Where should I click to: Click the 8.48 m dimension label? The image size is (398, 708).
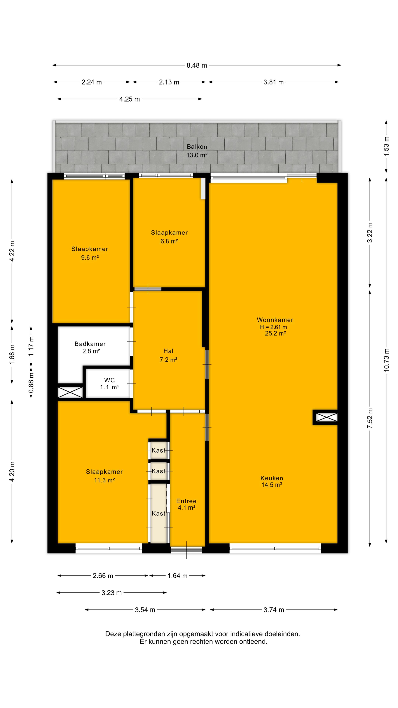click(197, 65)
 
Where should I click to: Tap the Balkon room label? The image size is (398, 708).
click(197, 147)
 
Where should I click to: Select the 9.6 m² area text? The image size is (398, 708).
click(90, 258)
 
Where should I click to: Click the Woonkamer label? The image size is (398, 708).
click(275, 320)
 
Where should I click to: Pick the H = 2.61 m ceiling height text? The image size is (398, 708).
click(274, 327)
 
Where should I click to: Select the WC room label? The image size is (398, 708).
click(110, 380)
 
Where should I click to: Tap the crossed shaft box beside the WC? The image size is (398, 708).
click(70, 392)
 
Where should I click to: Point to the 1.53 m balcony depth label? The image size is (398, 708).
click(386, 146)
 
